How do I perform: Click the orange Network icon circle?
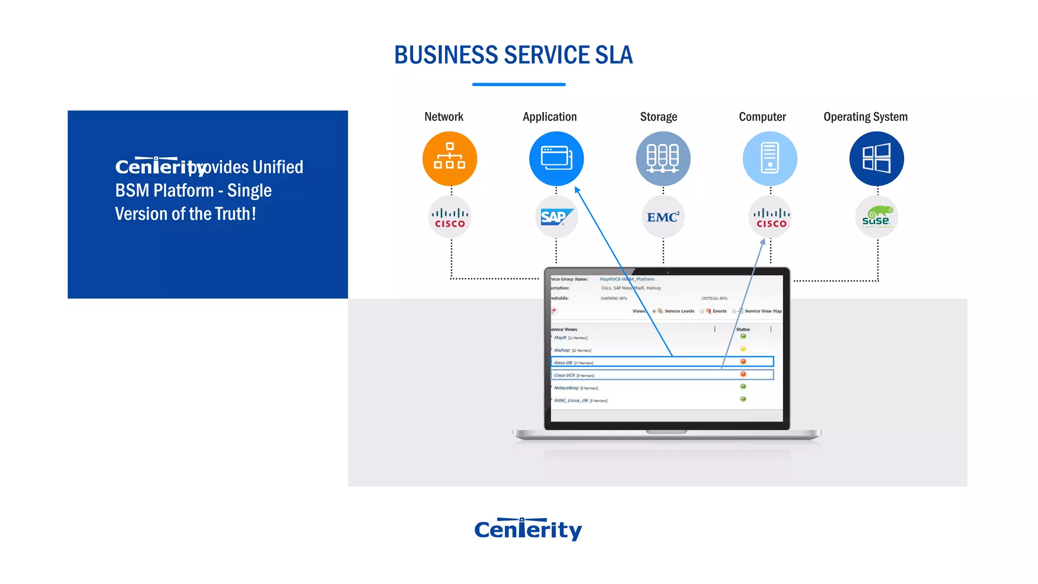click(450, 159)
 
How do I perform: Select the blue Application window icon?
click(556, 159)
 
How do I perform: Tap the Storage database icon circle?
click(663, 159)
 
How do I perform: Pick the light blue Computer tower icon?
click(770, 159)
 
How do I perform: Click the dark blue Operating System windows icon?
click(876, 159)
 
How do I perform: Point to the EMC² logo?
click(663, 217)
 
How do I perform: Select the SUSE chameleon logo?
click(876, 217)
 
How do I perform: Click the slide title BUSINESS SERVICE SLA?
click(513, 55)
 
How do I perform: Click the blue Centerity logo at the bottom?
click(528, 529)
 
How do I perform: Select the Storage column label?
click(658, 117)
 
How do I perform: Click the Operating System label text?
click(865, 117)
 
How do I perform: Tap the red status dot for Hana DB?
click(743, 361)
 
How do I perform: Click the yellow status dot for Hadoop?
click(743, 349)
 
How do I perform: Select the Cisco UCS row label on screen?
click(564, 376)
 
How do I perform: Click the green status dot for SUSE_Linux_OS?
click(743, 399)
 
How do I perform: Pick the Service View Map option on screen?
click(763, 311)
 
